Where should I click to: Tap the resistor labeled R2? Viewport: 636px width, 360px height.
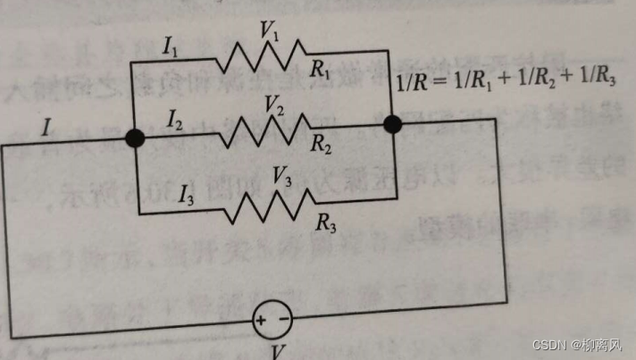coord(266,131)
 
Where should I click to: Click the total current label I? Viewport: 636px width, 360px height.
coord(46,127)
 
